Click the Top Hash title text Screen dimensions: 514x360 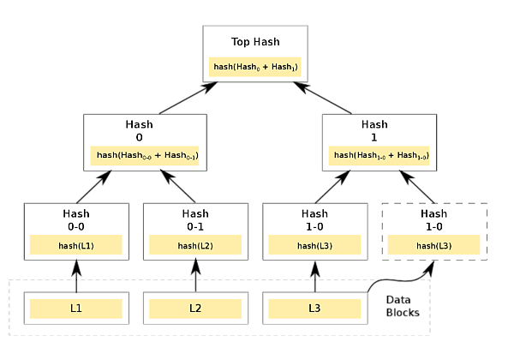255,42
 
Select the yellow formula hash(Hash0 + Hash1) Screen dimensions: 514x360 255,67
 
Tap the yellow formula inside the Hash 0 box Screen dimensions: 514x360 145,155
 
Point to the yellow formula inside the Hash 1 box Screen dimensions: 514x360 379,155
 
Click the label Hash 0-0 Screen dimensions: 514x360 76,220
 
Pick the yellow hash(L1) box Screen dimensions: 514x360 76,244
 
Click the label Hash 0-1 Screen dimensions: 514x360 195,220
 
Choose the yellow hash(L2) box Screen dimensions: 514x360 195,244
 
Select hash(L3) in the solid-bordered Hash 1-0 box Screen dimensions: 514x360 314,244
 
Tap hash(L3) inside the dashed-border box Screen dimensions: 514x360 434,244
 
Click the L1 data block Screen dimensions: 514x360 76,309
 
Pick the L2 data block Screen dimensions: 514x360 195,309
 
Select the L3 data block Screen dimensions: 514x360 314,309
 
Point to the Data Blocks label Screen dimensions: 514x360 403,306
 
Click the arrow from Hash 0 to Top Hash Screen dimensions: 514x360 188,98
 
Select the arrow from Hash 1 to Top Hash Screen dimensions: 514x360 322,98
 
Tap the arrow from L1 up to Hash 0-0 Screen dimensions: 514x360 76,276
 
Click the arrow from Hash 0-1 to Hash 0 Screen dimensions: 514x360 177,186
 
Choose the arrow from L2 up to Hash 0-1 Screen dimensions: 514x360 195,275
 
